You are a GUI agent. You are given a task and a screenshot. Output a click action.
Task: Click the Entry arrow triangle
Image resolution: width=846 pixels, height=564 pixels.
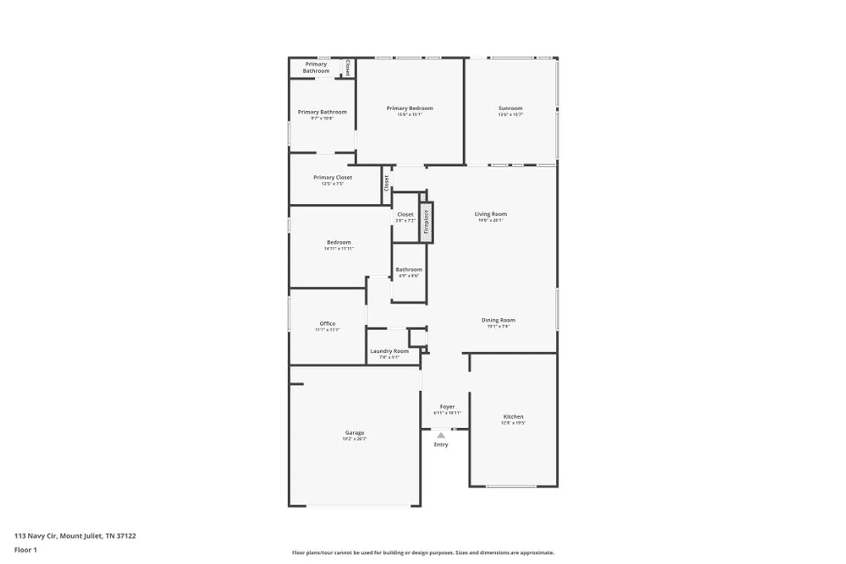tap(441, 435)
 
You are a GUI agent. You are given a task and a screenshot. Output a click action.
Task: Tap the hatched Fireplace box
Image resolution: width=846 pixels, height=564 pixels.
tap(426, 222)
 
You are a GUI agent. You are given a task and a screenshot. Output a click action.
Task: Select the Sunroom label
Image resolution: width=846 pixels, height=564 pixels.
tap(510, 108)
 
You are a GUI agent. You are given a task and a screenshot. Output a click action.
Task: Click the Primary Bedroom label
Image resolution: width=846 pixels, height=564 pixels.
tap(409, 108)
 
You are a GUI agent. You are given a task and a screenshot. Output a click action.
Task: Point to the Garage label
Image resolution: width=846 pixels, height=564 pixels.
tap(354, 433)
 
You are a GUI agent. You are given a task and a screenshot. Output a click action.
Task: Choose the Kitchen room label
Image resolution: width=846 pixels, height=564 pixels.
tap(513, 416)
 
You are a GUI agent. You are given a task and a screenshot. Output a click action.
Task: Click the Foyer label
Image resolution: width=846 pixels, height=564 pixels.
tap(447, 406)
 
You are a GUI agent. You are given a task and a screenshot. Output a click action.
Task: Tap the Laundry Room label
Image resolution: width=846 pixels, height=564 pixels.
tap(389, 351)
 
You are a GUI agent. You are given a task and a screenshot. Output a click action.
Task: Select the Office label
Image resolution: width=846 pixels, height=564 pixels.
tap(327, 323)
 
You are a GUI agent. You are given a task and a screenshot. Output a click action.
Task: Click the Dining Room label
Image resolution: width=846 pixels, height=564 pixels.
tap(498, 320)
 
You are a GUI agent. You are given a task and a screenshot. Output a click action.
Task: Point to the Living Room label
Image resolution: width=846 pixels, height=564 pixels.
tap(490, 214)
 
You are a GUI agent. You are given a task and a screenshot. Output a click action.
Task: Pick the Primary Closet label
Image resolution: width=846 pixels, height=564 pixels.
tap(332, 177)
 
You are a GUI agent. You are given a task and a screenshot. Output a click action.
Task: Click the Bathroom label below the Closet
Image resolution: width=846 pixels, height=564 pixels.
tap(409, 269)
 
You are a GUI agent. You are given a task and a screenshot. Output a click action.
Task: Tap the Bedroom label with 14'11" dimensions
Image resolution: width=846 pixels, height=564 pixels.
tap(339, 242)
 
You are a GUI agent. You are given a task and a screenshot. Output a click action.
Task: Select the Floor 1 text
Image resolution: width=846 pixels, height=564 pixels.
tap(25, 550)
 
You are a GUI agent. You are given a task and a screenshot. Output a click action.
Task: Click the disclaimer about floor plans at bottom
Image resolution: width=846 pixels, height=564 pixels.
tap(423, 553)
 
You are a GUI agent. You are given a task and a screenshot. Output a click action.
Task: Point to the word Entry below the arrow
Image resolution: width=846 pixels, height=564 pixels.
tap(441, 444)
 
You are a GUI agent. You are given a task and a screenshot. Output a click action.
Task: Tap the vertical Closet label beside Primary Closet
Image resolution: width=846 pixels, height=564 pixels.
tap(386, 183)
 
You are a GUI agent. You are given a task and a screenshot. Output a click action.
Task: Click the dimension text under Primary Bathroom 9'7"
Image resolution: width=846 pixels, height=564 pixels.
tap(322, 118)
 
